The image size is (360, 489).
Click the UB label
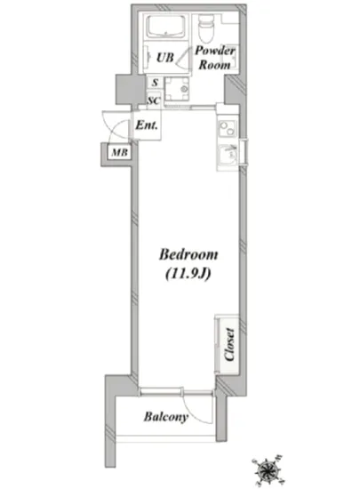coord(165,58)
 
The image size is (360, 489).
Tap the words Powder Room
coord(215,57)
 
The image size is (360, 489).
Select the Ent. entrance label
coord(147,126)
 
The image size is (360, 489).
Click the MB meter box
coord(118,154)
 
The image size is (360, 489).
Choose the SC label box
coord(154,99)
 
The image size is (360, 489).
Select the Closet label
coord(228,342)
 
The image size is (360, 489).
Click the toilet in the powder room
coord(205,31)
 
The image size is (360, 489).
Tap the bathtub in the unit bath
coord(165,28)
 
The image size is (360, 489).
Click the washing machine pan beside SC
coord(181,92)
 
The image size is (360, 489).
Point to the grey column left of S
coord(124,89)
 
